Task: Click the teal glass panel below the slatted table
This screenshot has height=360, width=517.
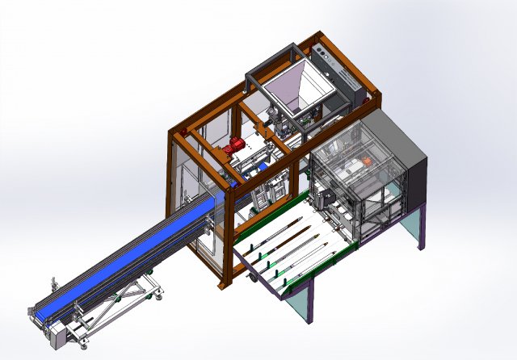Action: pyautogui.click(x=302, y=303)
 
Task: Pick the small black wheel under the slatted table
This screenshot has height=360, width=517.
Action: pyautogui.click(x=251, y=278)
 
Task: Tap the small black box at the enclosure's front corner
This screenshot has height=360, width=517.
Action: pyautogui.click(x=323, y=195)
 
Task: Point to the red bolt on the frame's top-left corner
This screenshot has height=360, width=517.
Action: pyautogui.click(x=183, y=129)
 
